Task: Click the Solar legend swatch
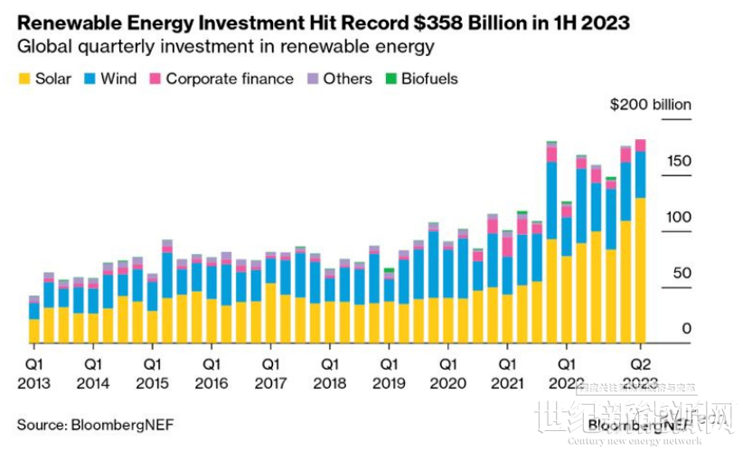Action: (x=24, y=80)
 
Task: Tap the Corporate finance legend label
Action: (x=230, y=79)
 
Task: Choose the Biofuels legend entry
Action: (x=428, y=79)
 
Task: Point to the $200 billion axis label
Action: (x=650, y=105)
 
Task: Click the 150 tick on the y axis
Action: (x=679, y=162)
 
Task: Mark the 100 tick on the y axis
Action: (x=679, y=218)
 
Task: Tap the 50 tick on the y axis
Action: (x=682, y=274)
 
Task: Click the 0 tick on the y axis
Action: (x=686, y=329)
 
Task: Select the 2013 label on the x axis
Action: (x=33, y=382)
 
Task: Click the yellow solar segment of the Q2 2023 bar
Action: (x=640, y=271)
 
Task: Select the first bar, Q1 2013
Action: (x=34, y=321)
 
